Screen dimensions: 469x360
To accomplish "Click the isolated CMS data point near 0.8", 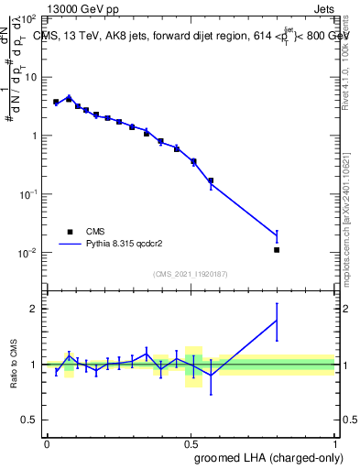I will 277,249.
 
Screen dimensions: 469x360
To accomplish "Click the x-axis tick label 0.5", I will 191,442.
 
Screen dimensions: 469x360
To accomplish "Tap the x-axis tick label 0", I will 47,442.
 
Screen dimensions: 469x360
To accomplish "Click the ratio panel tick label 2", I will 34,309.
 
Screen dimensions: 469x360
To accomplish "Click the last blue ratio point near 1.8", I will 277,320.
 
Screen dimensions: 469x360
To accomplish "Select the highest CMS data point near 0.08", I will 69,98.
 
